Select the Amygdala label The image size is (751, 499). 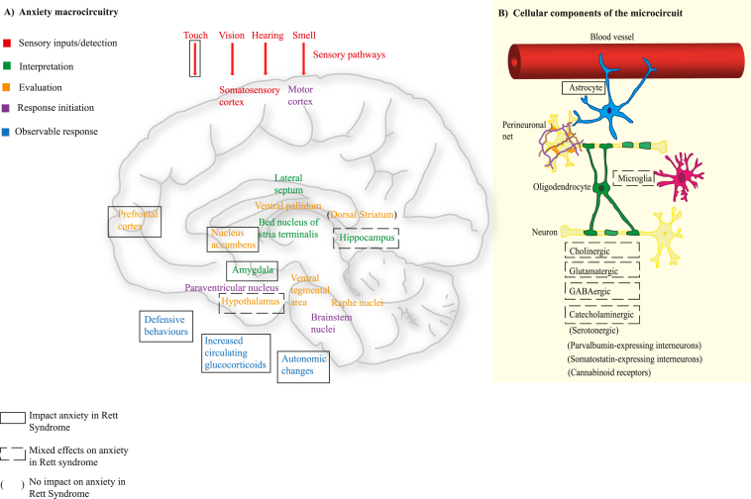(252, 270)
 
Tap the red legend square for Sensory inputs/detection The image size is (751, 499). (8, 44)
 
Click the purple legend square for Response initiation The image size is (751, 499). (8, 110)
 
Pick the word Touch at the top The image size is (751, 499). (196, 36)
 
